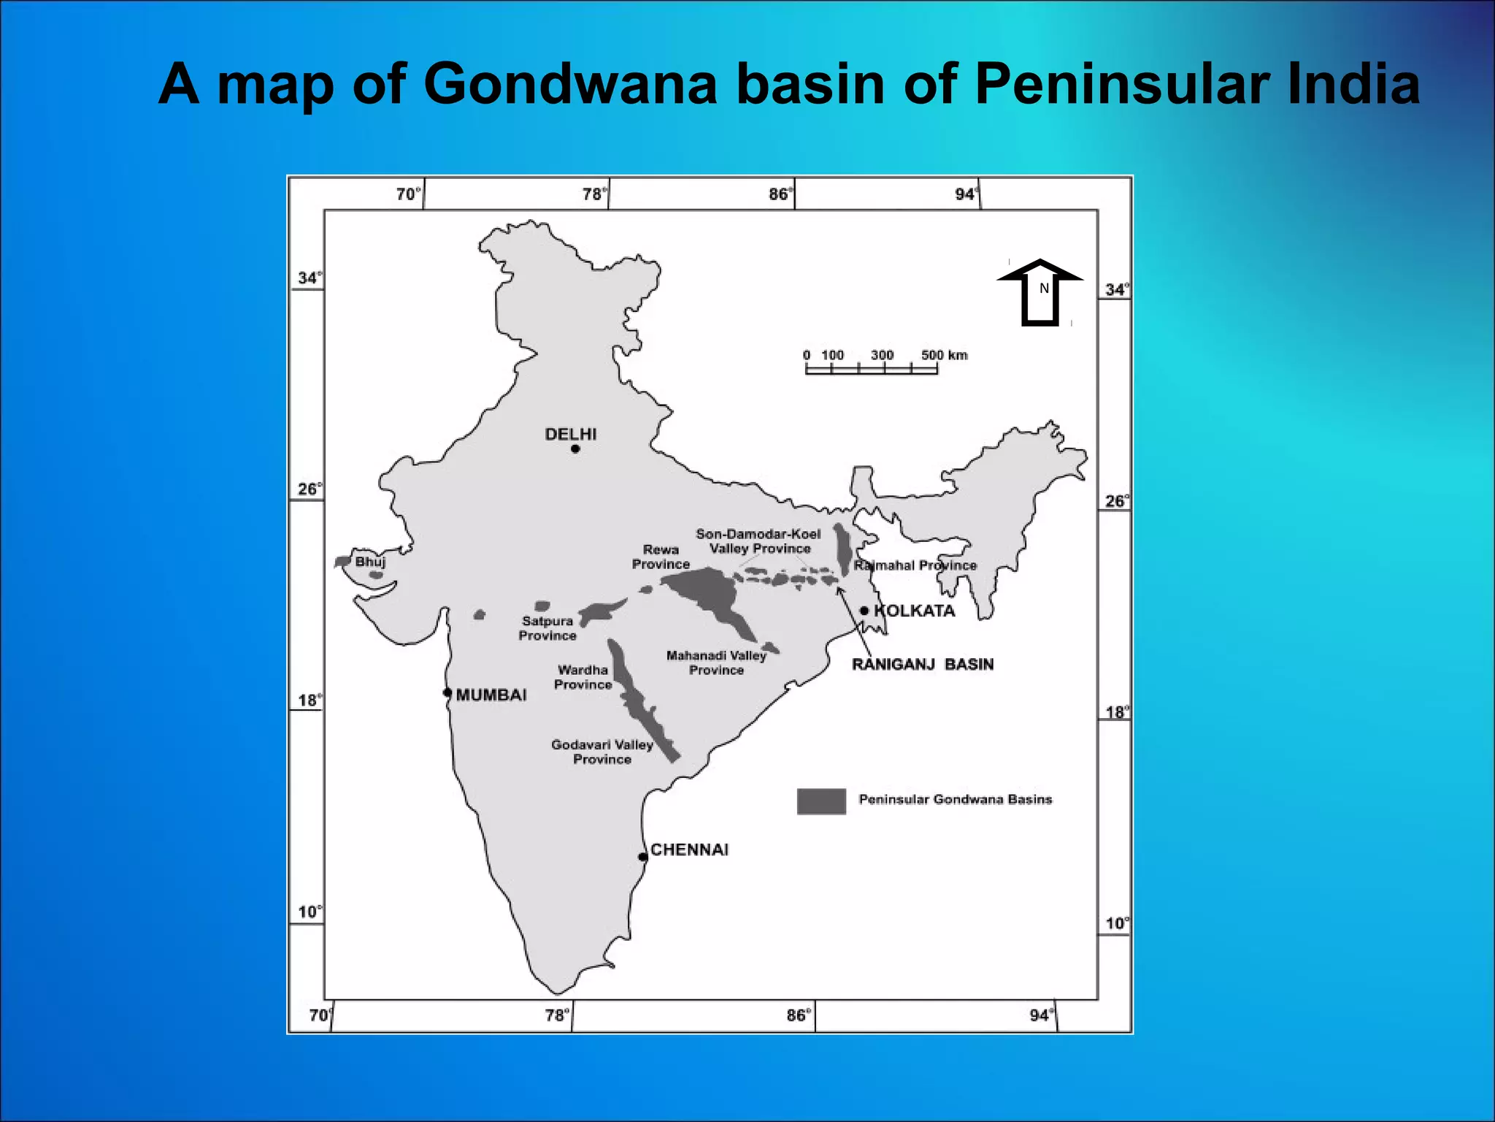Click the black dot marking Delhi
pyautogui.click(x=575, y=449)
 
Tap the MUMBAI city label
pyautogui.click(x=491, y=695)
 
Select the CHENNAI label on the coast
pyautogui.click(x=689, y=850)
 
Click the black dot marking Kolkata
pyautogui.click(x=864, y=611)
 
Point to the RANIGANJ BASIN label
pyautogui.click(x=923, y=665)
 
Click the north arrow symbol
pyautogui.click(x=1040, y=291)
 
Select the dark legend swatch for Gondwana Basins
pyautogui.click(x=821, y=801)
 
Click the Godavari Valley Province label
pyautogui.click(x=602, y=752)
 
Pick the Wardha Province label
pyautogui.click(x=583, y=677)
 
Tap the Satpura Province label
pyautogui.click(x=547, y=628)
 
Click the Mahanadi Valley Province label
pyautogui.click(x=716, y=663)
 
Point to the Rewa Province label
pyautogui.click(x=661, y=557)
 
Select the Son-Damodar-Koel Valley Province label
pyautogui.click(x=759, y=541)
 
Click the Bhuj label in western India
pyautogui.click(x=370, y=562)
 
